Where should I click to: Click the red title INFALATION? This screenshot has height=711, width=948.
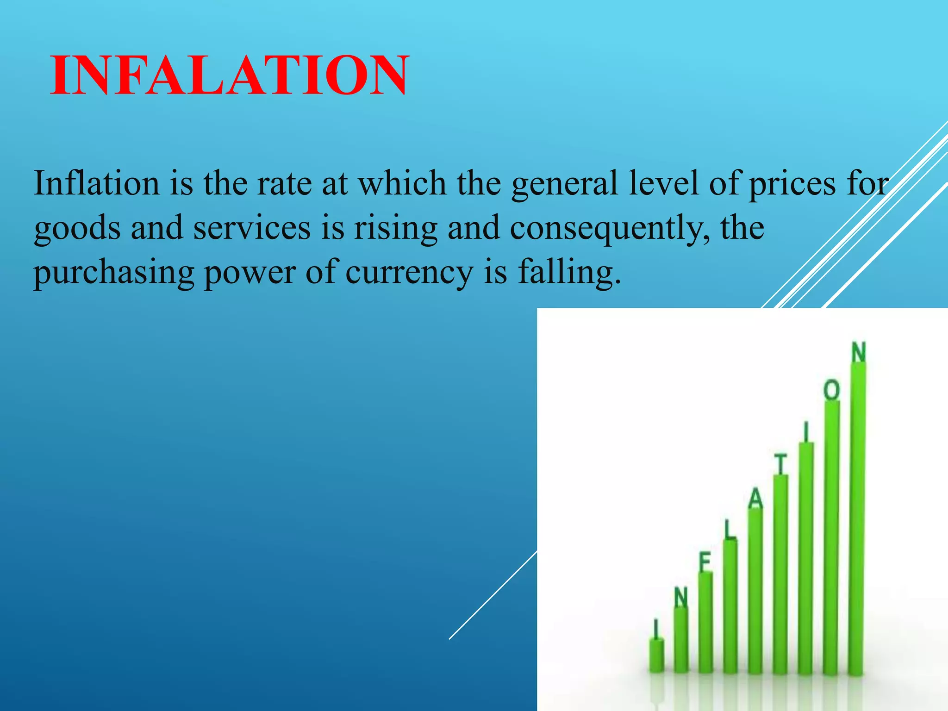pos(229,75)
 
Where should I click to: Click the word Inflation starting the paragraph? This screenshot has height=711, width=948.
pos(97,183)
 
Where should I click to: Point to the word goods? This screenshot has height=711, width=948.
pos(76,229)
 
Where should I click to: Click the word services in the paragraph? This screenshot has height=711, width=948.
pos(251,228)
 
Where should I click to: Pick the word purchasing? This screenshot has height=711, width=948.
pos(113,273)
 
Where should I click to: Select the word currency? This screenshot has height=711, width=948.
pos(409,273)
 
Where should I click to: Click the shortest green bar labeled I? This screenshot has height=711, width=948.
pos(656,655)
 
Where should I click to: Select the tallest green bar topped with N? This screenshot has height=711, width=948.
pos(858,518)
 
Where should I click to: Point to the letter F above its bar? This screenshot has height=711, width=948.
pos(705,562)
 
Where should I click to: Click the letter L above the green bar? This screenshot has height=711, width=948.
pos(730,530)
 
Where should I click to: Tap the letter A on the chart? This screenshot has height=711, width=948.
pos(755,499)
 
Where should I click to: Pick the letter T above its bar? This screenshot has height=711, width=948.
pos(781,464)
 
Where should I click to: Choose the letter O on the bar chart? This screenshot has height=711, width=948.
pos(831,390)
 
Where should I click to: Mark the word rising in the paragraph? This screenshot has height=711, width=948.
pos(396,229)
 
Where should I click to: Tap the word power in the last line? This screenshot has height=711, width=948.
pos(249,273)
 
